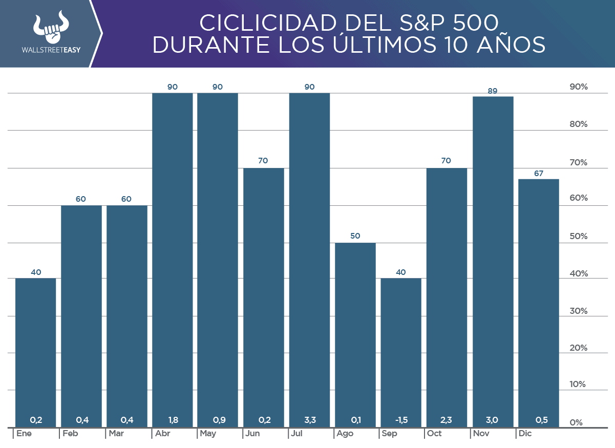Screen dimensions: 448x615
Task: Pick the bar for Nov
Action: coord(492,261)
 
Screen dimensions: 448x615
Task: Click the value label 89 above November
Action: coord(492,91)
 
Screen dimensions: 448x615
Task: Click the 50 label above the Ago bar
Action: coord(355,236)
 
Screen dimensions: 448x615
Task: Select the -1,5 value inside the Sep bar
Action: coord(401,420)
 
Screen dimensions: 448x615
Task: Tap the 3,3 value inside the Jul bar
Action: coord(309,420)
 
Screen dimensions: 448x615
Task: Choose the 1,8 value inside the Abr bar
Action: coord(173,420)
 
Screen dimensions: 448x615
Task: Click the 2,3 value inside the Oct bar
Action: coord(446,420)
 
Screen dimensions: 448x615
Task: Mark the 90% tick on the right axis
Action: coord(579,87)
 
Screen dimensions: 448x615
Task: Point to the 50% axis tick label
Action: coord(579,237)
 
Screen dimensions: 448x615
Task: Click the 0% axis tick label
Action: coord(577,423)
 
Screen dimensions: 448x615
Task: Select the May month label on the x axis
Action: coord(208,434)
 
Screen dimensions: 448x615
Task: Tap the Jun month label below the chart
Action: coord(252,434)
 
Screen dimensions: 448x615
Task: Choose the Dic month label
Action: coord(525,434)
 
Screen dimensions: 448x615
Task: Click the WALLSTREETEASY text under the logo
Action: coord(51,51)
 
